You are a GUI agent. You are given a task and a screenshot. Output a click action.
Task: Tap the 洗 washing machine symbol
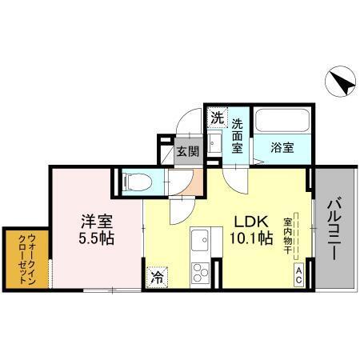click(x=216, y=118)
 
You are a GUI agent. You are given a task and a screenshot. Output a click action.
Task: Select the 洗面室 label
click(x=238, y=136)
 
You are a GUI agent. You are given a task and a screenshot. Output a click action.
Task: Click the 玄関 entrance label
click(x=189, y=150)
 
